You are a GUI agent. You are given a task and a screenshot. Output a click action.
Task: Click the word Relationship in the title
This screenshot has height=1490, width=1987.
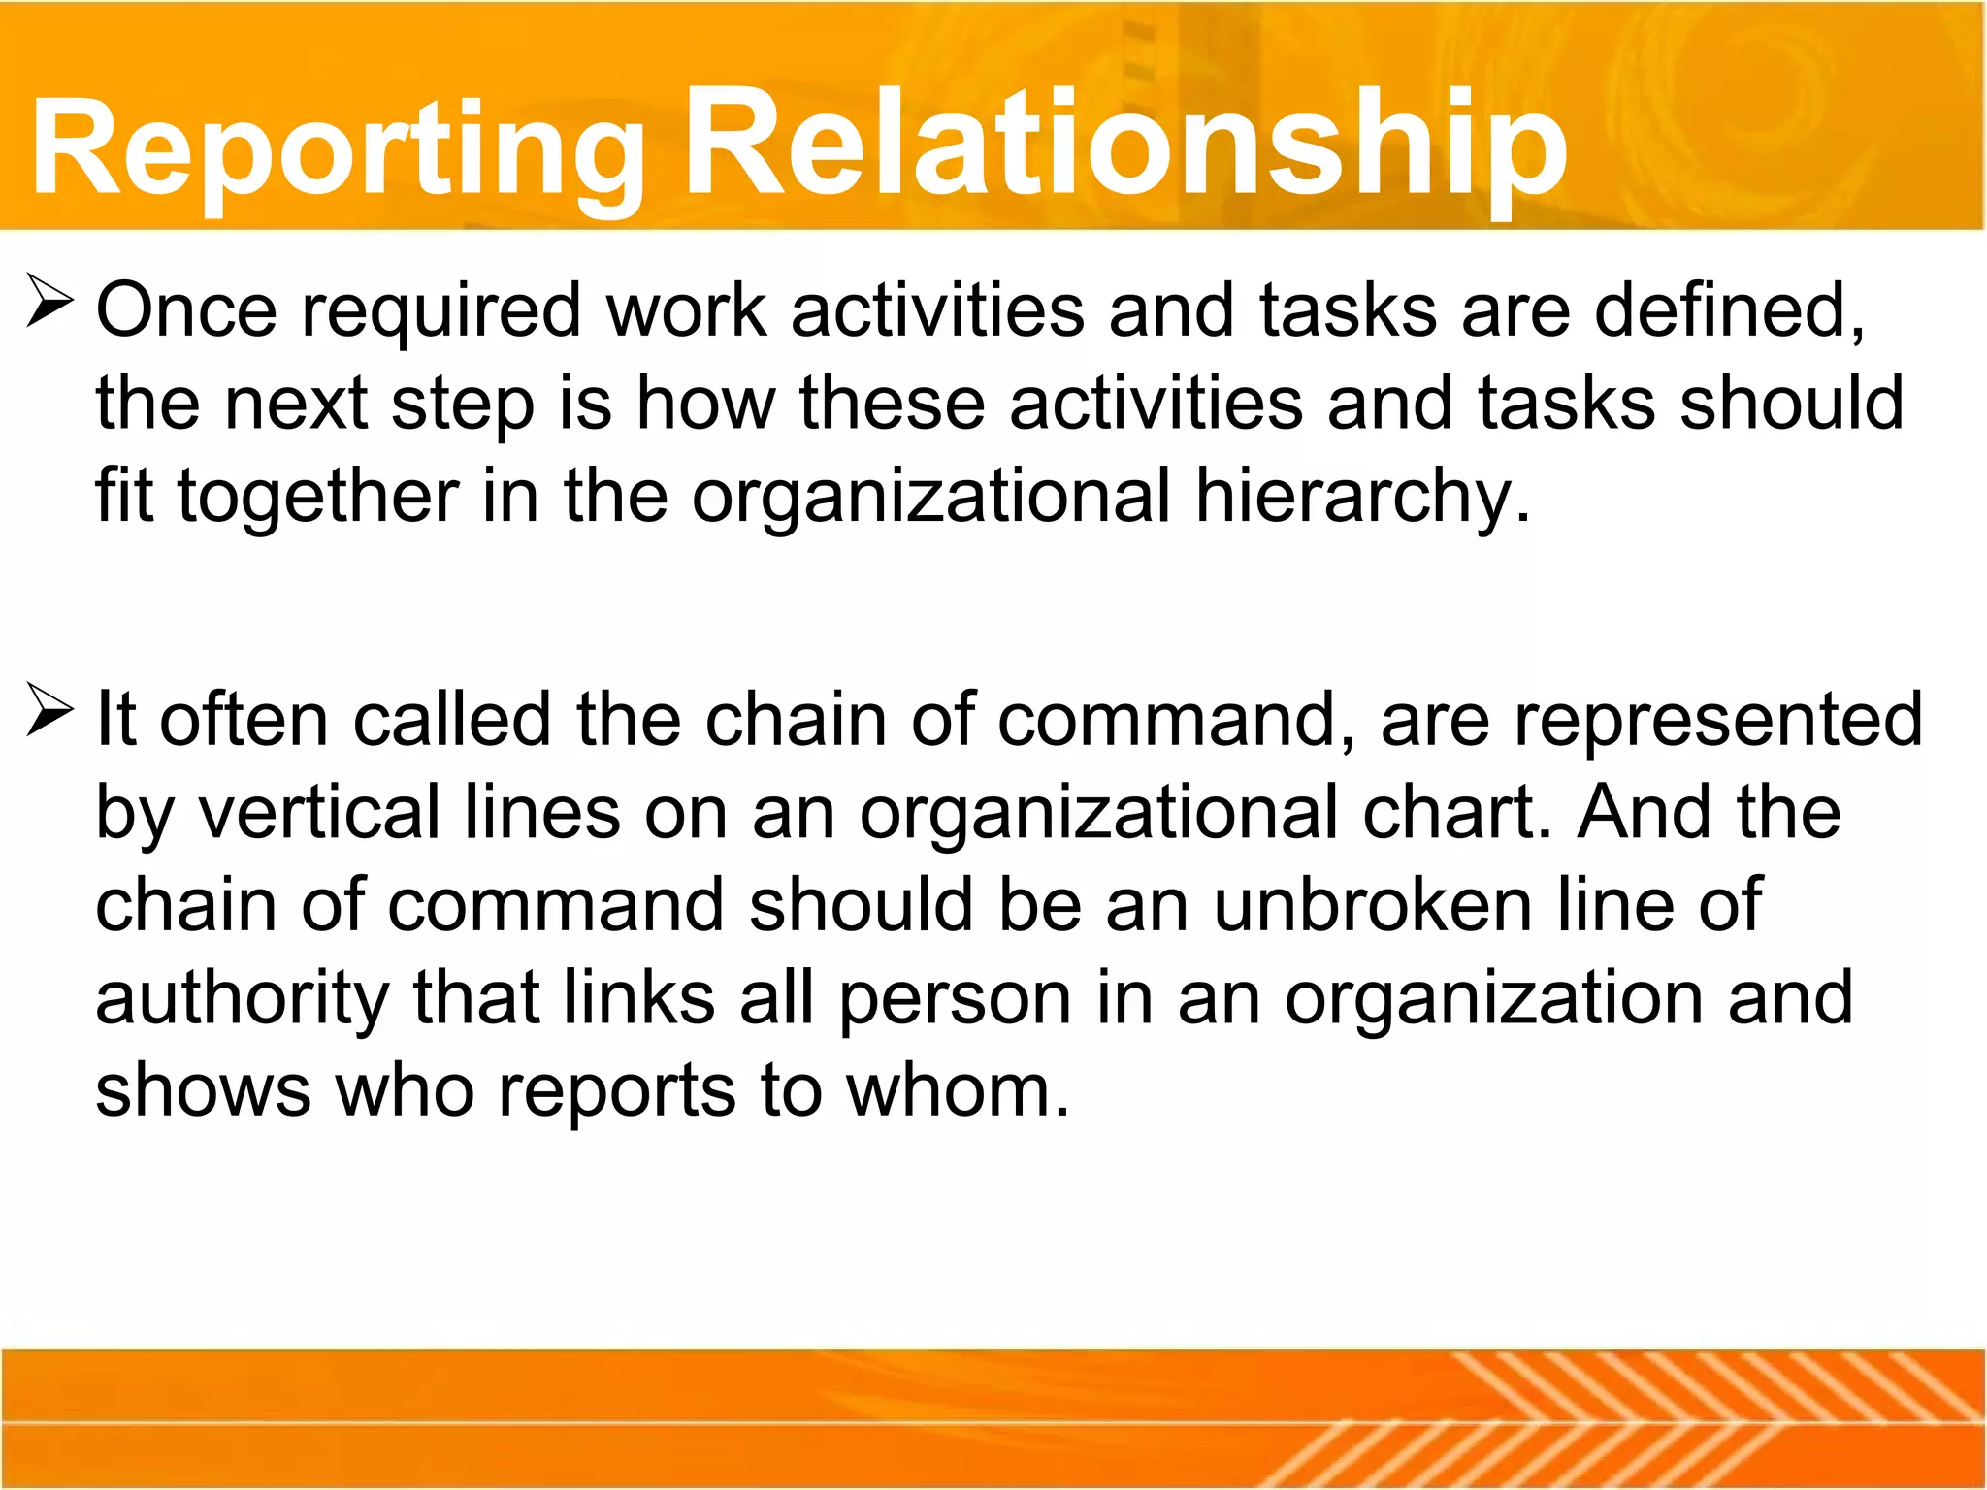point(1125,146)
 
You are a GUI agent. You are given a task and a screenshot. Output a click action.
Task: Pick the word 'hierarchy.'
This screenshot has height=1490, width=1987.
point(1362,497)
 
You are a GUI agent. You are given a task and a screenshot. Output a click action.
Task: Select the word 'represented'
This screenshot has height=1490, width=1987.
point(1718,720)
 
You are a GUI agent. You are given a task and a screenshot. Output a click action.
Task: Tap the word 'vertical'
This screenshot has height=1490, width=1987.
point(320,813)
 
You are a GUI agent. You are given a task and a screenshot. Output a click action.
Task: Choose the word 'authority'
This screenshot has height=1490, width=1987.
point(243,999)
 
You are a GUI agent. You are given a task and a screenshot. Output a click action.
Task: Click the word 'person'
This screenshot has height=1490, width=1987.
point(955,999)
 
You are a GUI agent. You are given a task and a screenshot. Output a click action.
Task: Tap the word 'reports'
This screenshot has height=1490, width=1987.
point(617,1092)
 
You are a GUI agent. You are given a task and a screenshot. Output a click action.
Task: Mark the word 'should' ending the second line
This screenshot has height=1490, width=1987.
point(1791,404)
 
